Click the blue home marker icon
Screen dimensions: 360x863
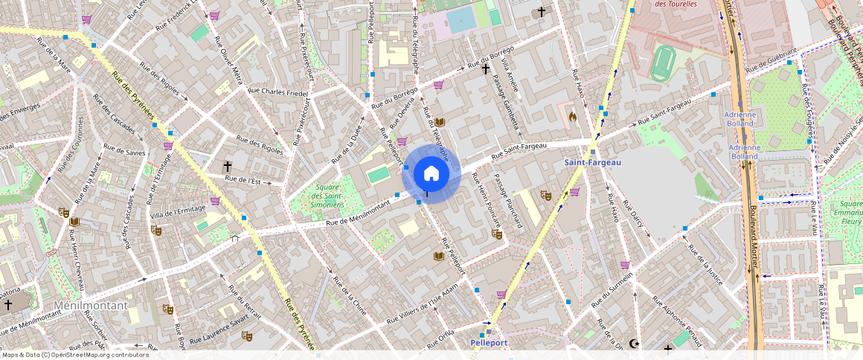pyautogui.click(x=431, y=174)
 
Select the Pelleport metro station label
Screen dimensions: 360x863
pyautogui.click(x=489, y=342)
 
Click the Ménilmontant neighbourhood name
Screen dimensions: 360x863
pyautogui.click(x=91, y=306)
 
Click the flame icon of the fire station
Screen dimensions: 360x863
pyautogui.click(x=572, y=116)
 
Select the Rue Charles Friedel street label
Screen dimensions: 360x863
pyautogui.click(x=277, y=93)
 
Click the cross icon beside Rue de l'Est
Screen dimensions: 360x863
pyautogui.click(x=227, y=166)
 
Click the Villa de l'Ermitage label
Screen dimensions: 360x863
pyautogui.click(x=177, y=211)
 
